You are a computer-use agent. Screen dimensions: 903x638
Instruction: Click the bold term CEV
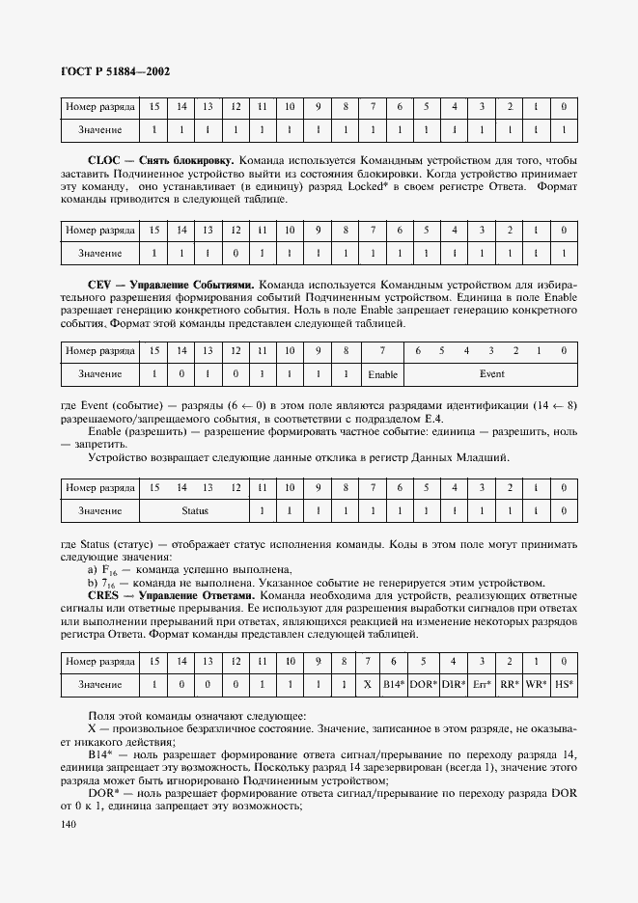coord(101,286)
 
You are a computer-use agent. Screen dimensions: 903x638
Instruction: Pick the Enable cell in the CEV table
coord(383,374)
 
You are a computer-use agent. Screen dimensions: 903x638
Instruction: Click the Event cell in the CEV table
coord(491,373)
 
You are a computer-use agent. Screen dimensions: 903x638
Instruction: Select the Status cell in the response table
coord(195,510)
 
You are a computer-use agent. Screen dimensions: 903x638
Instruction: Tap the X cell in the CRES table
coord(367,685)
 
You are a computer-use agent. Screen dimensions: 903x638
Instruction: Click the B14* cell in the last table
coord(393,685)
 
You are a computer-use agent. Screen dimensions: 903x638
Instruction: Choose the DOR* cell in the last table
coord(423,685)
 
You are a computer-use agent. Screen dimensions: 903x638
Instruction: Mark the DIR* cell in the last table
coord(454,685)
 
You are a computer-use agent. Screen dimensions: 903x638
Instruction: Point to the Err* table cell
coord(482,685)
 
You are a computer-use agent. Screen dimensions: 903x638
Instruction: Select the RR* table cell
coord(509,685)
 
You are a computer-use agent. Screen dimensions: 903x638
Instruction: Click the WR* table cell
coord(537,685)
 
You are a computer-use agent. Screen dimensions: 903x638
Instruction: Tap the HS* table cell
coord(564,685)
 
